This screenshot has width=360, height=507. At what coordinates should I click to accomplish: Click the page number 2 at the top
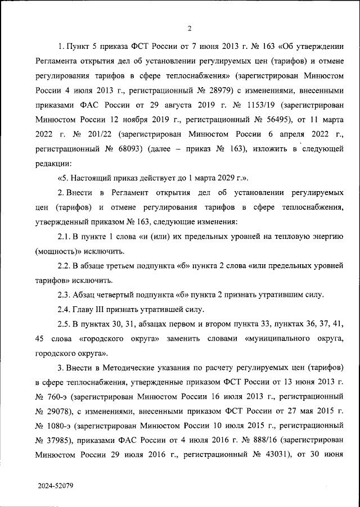[190, 29]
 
